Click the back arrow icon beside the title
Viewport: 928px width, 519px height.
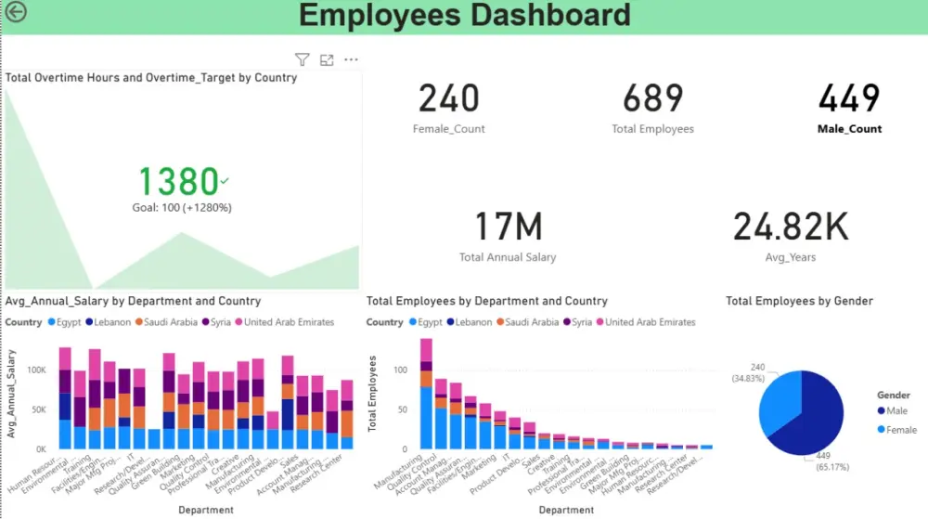pyautogui.click(x=16, y=12)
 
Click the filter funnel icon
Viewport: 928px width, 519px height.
pyautogui.click(x=302, y=59)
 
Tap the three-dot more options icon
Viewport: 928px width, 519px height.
pyautogui.click(x=351, y=59)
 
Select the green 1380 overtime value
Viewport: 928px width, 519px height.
pyautogui.click(x=179, y=181)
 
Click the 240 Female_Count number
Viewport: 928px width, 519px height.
pyautogui.click(x=448, y=98)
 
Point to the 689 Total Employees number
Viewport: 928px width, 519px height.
pyautogui.click(x=652, y=98)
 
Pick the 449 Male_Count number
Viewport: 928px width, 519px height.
pyautogui.click(x=849, y=98)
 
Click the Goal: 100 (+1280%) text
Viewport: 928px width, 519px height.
pyautogui.click(x=183, y=207)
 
